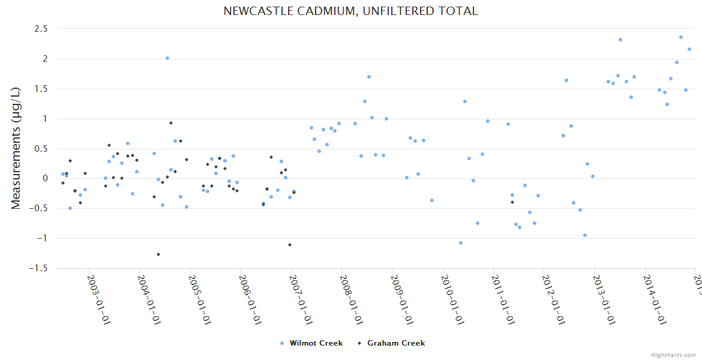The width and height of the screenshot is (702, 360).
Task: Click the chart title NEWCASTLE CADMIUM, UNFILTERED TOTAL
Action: [x=350, y=11]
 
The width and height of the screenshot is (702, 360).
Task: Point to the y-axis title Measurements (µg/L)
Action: [x=16, y=148]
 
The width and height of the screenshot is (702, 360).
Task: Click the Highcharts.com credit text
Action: [x=673, y=355]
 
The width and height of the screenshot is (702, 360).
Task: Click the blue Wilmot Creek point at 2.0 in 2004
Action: [x=167, y=58]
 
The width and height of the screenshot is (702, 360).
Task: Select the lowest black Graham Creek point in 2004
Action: [x=158, y=254]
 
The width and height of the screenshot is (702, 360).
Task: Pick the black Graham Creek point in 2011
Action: [x=512, y=202]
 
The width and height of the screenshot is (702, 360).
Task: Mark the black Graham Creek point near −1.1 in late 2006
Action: [x=290, y=245]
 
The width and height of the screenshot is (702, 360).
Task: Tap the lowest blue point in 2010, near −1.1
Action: [x=461, y=243]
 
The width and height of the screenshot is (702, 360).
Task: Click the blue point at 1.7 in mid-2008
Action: [x=369, y=77]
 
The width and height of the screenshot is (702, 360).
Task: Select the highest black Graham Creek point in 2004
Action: [x=171, y=123]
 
